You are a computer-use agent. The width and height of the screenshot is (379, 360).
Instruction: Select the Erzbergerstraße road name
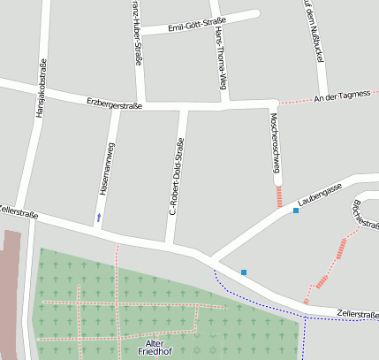(115, 103)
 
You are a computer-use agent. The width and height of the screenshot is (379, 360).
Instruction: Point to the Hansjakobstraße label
(41, 88)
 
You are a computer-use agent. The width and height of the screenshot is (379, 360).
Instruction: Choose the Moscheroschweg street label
(276, 142)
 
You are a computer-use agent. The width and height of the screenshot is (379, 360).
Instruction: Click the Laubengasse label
(320, 196)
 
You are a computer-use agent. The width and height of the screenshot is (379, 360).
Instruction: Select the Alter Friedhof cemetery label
(155, 347)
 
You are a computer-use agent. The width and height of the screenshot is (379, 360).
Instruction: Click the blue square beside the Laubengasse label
(296, 211)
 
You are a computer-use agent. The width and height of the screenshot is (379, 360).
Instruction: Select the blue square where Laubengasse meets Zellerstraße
(244, 272)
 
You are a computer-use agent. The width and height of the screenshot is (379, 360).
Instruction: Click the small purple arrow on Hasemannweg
(99, 216)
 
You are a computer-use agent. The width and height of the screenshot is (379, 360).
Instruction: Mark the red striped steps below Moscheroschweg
(280, 196)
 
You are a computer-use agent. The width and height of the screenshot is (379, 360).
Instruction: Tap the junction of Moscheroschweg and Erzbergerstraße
(270, 106)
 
